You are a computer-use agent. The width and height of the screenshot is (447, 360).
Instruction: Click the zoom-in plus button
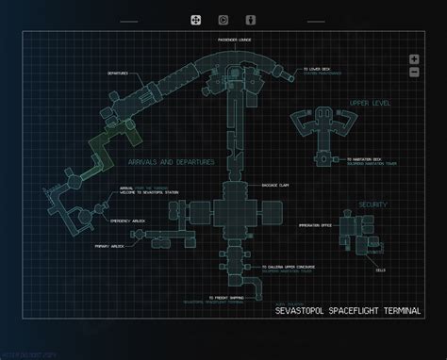(x=414, y=59)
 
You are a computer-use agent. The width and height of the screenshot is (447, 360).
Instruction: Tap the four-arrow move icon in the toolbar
(x=196, y=19)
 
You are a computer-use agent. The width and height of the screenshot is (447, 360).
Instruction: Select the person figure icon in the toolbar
(x=251, y=19)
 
